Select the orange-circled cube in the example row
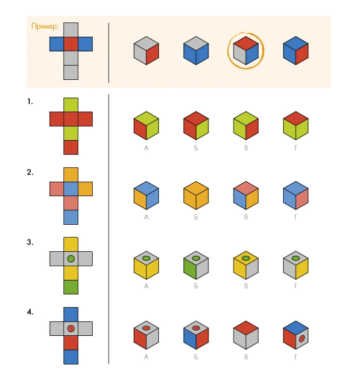pos(246,51)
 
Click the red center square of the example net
pos(71,44)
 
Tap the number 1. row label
pos(30,101)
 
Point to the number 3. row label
pos(30,242)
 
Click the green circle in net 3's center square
pos(71,259)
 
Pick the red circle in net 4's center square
pos(71,329)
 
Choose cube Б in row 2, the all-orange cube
pos(196,196)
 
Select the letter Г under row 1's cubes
pos(296,148)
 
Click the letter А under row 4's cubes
pos(146,357)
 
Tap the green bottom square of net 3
pos(71,287)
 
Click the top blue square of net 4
pos(71,314)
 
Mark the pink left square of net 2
pos(57,189)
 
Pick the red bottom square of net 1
pos(71,147)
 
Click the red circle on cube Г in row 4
pos(302,338)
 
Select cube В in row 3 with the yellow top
pos(246,265)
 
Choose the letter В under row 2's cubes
pos(246,217)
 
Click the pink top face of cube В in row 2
pos(246,188)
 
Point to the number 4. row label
pos(30,312)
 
